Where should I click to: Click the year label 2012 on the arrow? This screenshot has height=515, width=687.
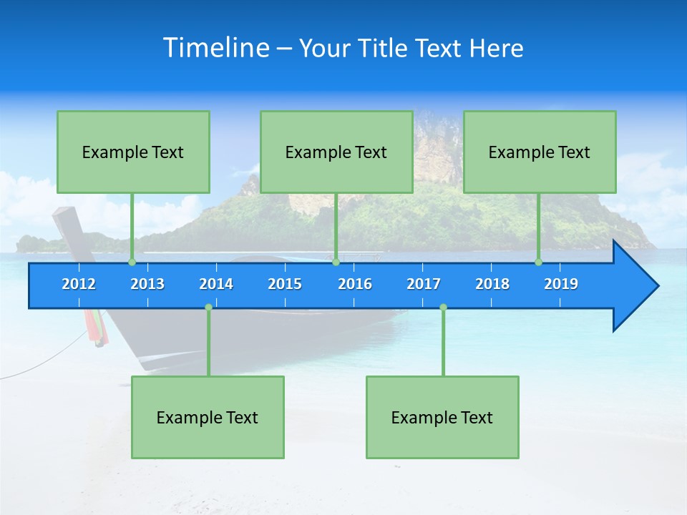79,284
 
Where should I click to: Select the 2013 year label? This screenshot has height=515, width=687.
147,284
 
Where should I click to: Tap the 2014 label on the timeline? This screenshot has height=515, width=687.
216,284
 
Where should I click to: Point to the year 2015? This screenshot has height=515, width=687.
285,284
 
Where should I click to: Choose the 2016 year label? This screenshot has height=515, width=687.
355,284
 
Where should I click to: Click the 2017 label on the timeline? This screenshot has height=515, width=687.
424,284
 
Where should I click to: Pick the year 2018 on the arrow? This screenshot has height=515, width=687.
492,284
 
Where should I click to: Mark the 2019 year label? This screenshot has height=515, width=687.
561,284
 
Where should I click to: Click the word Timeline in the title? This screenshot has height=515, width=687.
216,47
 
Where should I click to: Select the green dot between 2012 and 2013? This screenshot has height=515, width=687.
132,263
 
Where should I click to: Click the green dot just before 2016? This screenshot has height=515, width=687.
336,263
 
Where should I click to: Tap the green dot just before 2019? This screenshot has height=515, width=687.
539,263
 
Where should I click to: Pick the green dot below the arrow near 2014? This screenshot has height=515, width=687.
208,308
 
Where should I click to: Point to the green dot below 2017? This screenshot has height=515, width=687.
443,308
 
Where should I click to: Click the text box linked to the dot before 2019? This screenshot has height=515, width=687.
540,152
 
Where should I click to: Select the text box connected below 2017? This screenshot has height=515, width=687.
442,417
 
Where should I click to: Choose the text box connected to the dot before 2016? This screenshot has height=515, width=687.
336,152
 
